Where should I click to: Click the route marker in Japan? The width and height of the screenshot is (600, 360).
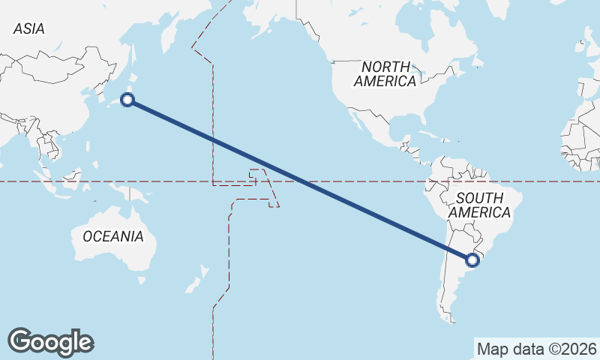pos(128,100)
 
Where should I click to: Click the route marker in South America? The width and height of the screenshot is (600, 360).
pos(472,260)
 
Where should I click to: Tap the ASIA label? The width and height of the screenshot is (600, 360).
pos(29,28)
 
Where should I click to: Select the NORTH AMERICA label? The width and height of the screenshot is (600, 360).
pos(385,73)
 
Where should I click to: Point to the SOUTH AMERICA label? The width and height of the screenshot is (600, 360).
pos(479,205)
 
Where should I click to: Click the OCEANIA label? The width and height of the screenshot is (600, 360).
pos(112,236)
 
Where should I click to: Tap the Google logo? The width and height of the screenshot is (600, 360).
pos(50,341)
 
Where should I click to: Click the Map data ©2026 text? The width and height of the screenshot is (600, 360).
pos(537,349)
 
